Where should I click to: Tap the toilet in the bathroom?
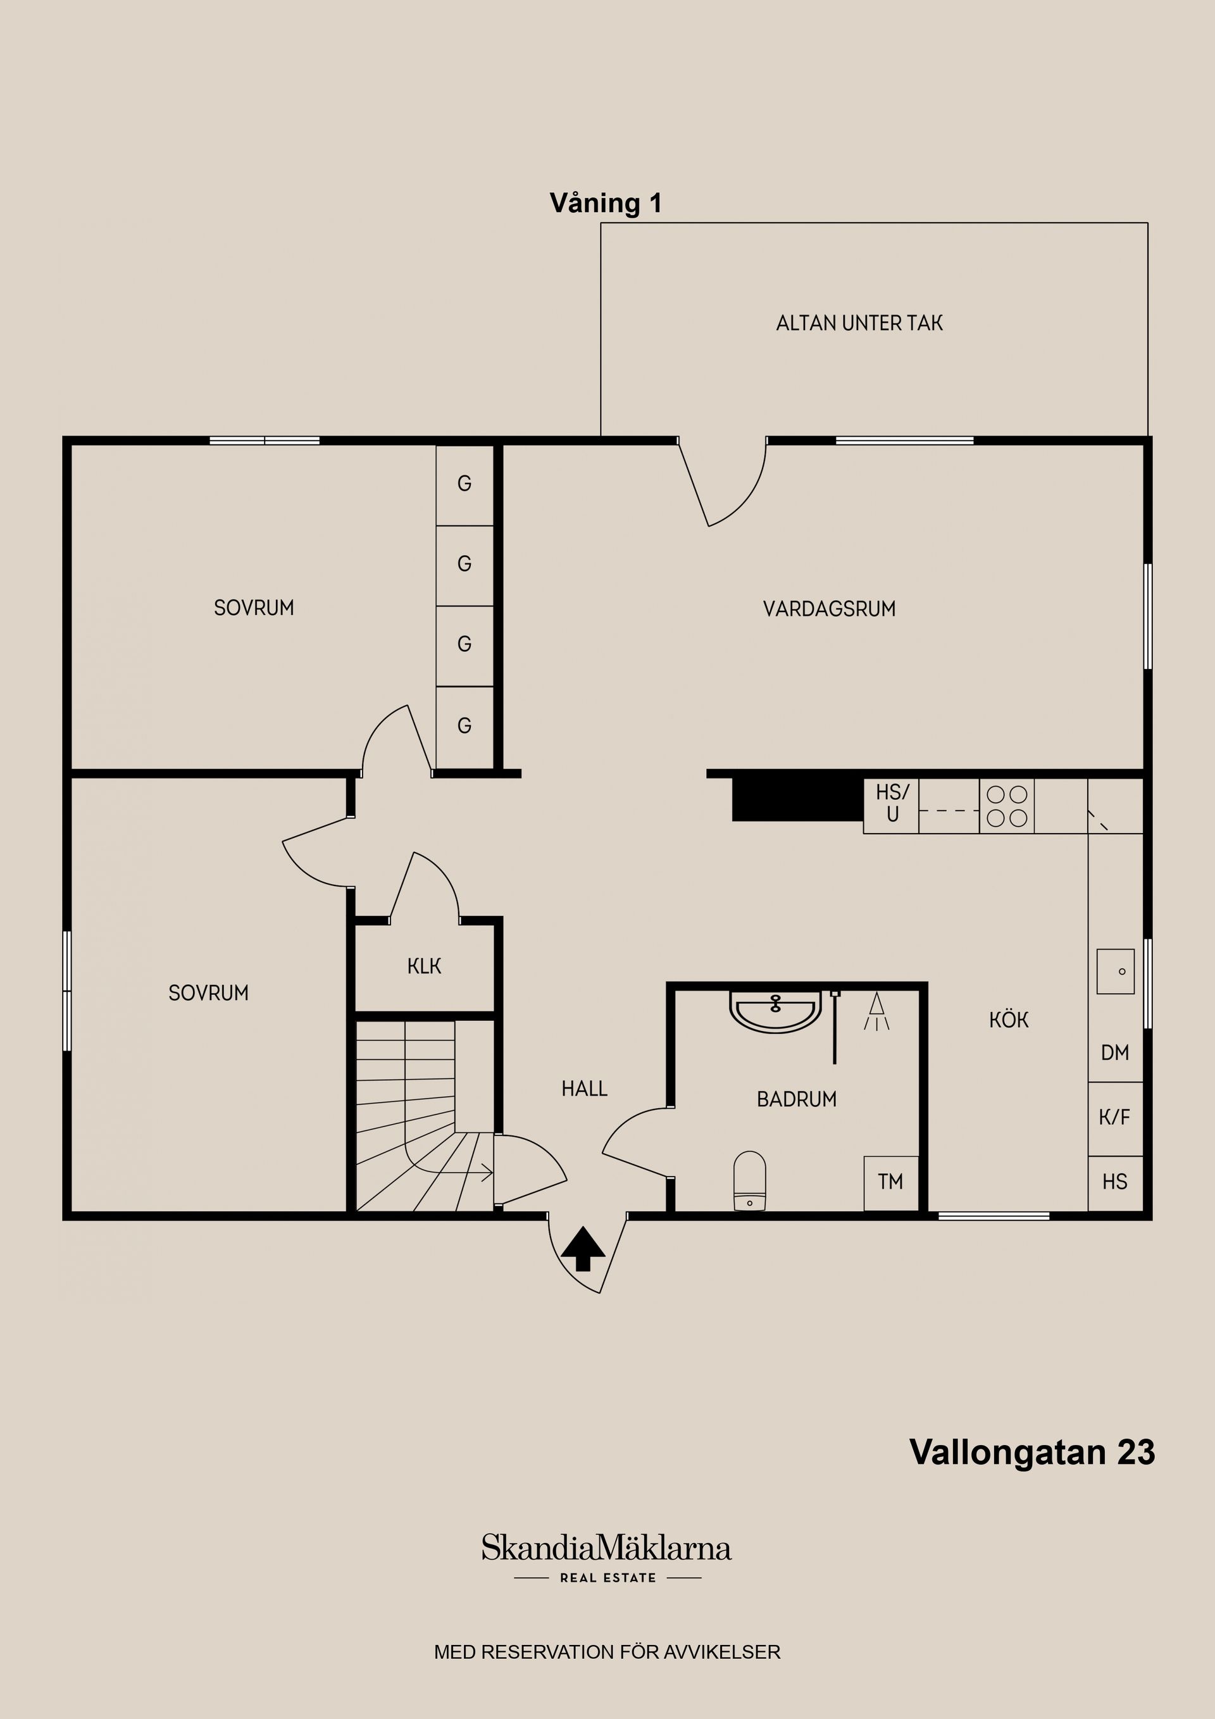[749, 1180]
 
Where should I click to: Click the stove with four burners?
[1007, 806]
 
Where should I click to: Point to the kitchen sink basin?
[1116, 971]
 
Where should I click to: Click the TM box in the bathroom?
[891, 1183]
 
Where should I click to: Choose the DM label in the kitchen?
[1114, 1053]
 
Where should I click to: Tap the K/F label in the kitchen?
[1114, 1117]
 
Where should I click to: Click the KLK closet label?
[425, 966]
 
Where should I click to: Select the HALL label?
[585, 1089]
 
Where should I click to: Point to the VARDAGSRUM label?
[830, 609]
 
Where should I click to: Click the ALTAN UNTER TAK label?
[859, 323]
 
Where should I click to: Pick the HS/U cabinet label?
[892, 803]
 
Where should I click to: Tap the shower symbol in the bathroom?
[876, 1011]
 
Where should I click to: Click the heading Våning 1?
[606, 204]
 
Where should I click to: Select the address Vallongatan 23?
[1032, 1452]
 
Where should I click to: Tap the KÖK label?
[1009, 1020]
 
